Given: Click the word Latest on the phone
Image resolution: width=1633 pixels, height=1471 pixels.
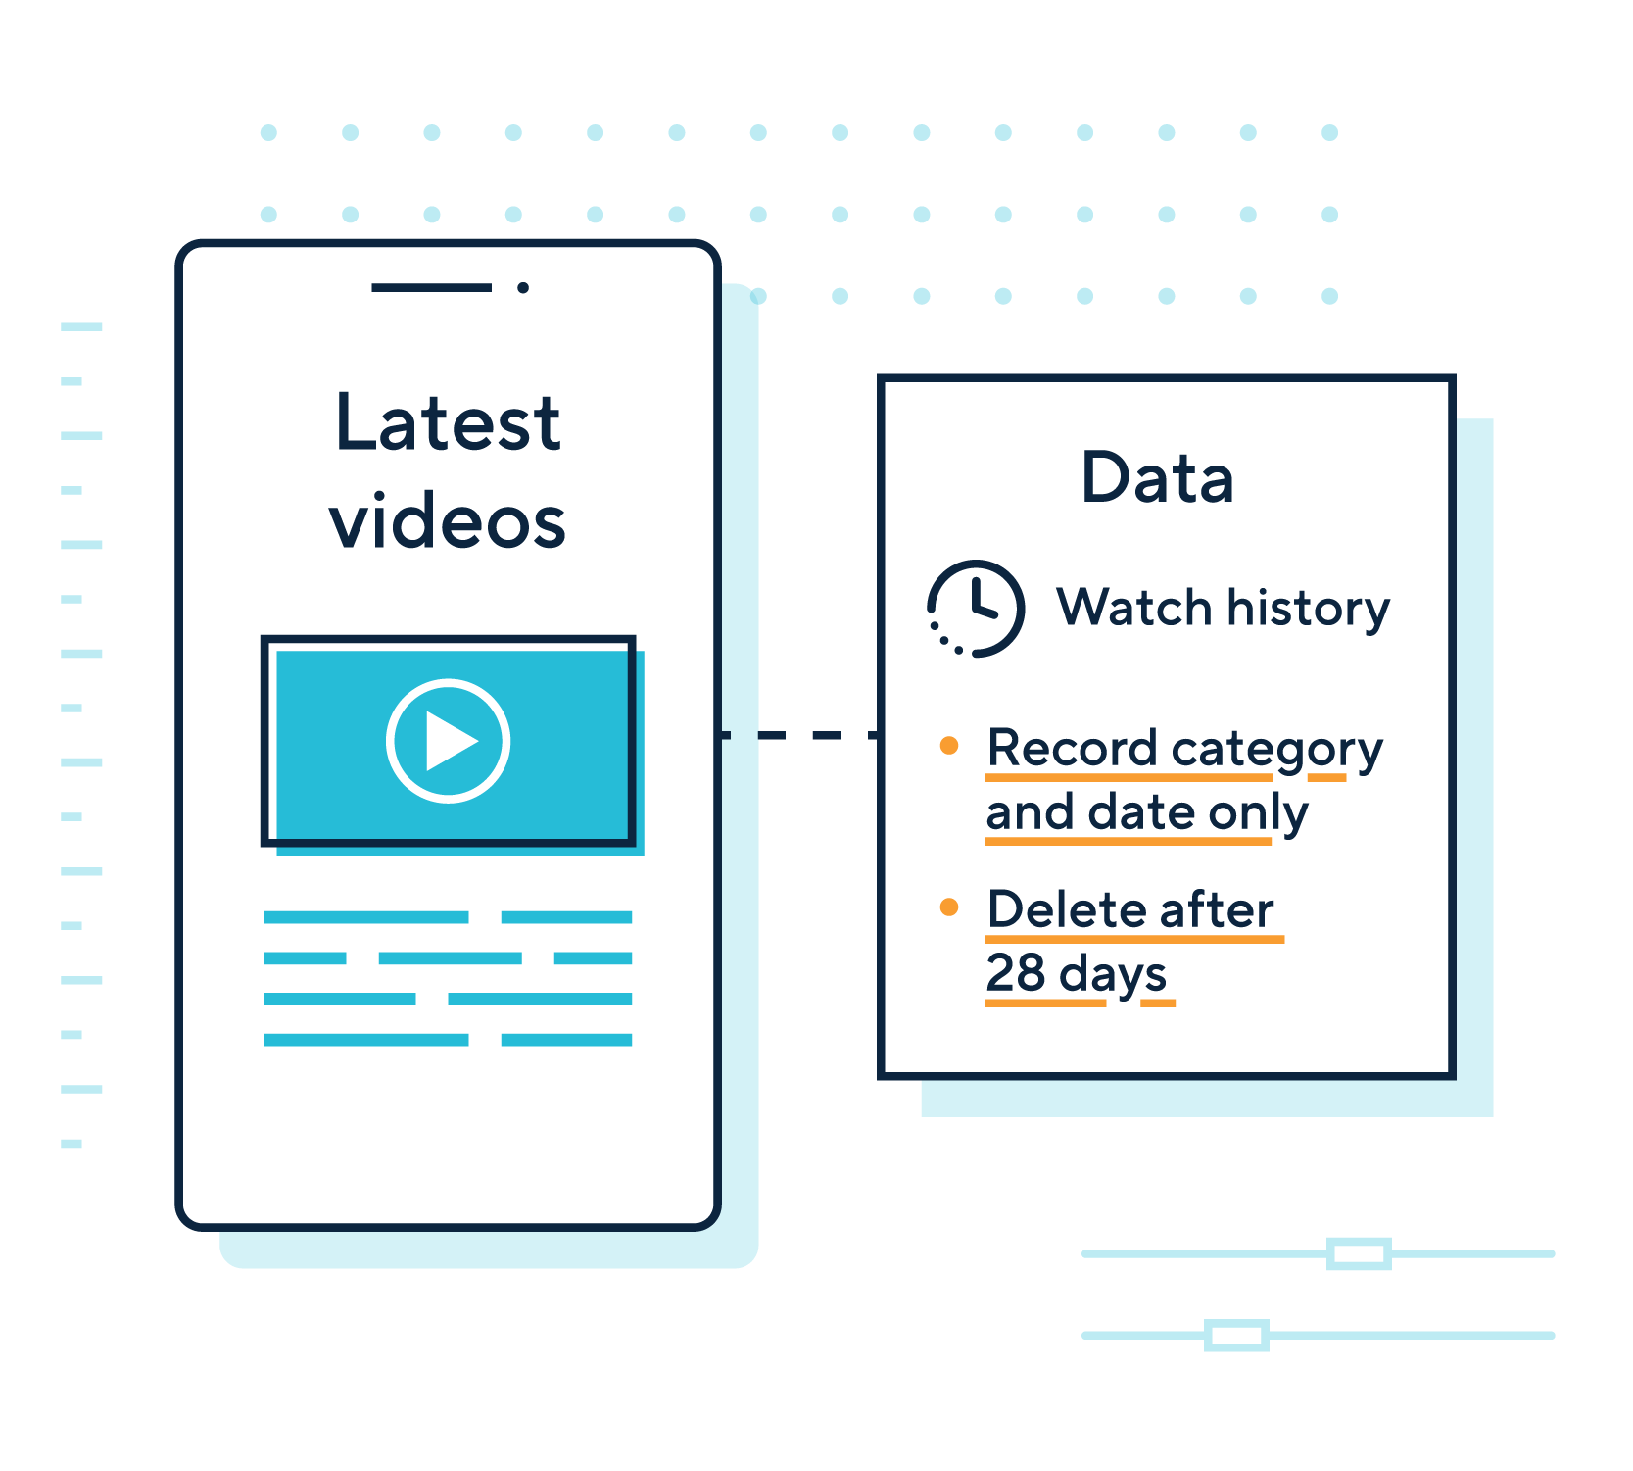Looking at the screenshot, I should click(448, 423).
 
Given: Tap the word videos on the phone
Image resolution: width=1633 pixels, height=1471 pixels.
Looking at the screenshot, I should click(448, 522).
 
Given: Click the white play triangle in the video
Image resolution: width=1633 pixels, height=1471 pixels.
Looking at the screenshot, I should click(450, 742).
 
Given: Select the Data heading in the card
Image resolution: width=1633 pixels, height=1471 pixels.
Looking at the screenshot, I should click(1157, 478).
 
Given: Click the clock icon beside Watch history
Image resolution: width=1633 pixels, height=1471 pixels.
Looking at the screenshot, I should click(976, 609).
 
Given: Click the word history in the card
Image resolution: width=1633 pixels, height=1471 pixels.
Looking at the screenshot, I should click(1309, 609).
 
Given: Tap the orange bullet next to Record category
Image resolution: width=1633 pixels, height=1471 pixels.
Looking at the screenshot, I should click(948, 746).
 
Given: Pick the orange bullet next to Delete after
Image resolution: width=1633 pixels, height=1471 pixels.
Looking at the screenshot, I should click(948, 907).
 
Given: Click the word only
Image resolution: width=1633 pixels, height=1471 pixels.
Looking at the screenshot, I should click(1259, 813).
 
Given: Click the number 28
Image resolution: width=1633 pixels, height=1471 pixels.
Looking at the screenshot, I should click(1016, 973).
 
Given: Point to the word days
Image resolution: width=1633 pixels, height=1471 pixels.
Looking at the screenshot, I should click(1113, 974).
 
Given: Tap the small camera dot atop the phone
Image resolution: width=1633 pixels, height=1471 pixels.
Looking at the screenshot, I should click(523, 287).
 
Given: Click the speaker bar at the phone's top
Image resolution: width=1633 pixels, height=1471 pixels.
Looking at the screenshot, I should click(431, 287).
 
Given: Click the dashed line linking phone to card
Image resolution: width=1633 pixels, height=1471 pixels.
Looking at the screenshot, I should click(799, 735).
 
